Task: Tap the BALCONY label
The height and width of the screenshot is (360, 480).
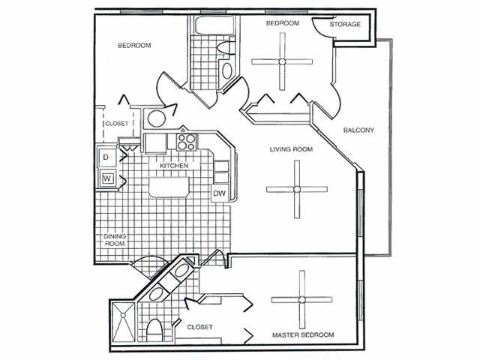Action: [x=358, y=130]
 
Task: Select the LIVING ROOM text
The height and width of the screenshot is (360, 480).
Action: [x=291, y=149]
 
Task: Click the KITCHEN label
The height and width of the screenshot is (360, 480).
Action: [x=172, y=164]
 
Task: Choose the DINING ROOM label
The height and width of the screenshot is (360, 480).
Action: [x=114, y=240]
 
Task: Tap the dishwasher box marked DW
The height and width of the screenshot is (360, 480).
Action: [x=220, y=193]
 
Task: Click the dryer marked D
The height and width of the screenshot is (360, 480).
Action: [x=106, y=157]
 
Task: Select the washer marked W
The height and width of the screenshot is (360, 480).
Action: [x=106, y=178]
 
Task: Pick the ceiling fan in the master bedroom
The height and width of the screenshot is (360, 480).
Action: [x=301, y=299]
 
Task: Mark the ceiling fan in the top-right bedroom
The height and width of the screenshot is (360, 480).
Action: [x=282, y=61]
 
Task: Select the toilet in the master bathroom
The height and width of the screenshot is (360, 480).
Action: [x=155, y=330]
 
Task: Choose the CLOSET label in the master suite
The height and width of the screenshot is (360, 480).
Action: [x=199, y=327]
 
